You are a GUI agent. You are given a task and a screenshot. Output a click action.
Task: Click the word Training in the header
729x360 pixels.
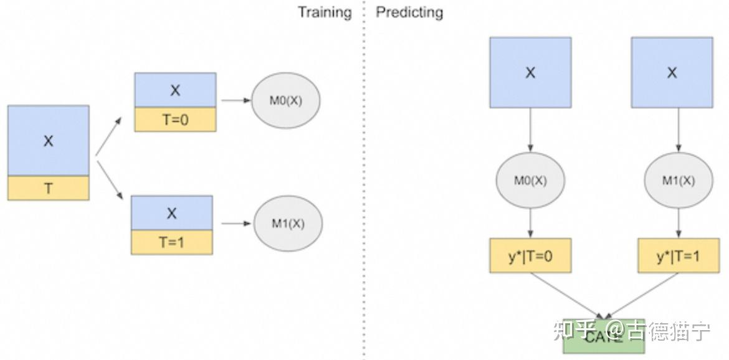tap(324, 12)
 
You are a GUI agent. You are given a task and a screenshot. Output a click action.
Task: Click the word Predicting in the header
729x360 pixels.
tap(409, 12)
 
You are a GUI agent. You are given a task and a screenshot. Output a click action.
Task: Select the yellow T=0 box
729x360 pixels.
tap(175, 120)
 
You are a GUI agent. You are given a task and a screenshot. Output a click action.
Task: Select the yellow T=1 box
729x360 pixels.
tap(171, 243)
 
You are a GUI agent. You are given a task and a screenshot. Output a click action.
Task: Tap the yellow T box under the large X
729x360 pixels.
tap(48, 188)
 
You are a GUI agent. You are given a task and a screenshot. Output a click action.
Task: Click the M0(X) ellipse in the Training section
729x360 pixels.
tap(285, 101)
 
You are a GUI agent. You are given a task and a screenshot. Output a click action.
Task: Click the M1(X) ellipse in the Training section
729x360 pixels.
tap(288, 224)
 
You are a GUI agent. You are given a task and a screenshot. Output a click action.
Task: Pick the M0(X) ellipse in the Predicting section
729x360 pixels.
tap(530, 181)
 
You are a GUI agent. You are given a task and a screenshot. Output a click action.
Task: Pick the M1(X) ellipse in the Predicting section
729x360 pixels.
tap(679, 181)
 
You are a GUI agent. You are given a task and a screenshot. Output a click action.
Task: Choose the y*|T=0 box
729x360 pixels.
tap(530, 256)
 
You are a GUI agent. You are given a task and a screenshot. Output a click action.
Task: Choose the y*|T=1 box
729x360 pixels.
tap(679, 256)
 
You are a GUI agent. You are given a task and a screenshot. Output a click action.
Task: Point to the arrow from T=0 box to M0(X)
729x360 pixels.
tap(233, 101)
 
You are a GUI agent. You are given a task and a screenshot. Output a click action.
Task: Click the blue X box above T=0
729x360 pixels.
tap(175, 90)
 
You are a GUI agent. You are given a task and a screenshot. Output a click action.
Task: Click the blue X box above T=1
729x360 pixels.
tap(171, 213)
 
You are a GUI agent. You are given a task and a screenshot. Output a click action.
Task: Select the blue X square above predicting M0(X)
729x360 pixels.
tap(530, 72)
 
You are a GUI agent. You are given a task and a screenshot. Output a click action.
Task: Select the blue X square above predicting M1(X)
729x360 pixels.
tap(672, 72)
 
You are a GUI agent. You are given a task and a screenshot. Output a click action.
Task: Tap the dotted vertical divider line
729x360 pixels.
tap(364, 187)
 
